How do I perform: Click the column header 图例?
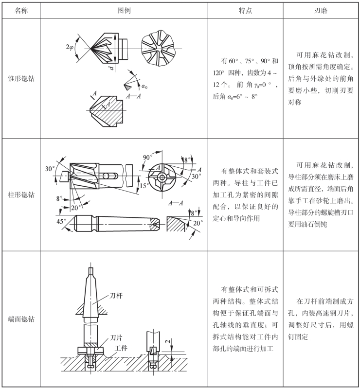pyautogui.click(x=125, y=9)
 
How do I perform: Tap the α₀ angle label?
pyautogui.click(x=144, y=86)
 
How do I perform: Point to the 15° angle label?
pyautogui.click(x=143, y=186)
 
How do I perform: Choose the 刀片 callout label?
pyautogui.click(x=116, y=337)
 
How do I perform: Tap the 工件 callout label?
pyautogui.click(x=121, y=349)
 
